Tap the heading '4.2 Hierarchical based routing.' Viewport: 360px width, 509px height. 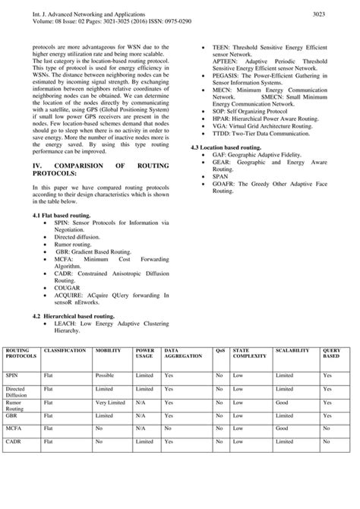pos(74,315)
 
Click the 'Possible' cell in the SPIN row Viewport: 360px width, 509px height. pos(106,375)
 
